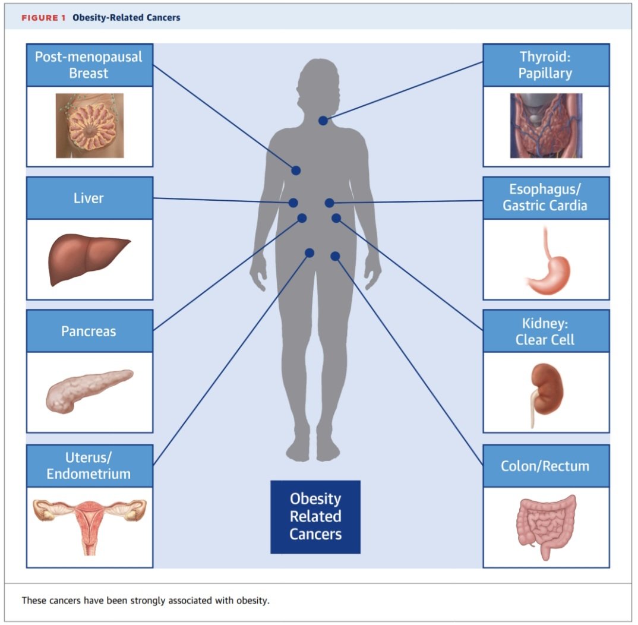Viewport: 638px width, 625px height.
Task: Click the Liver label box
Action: click(90, 198)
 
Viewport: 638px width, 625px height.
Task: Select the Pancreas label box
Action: click(90, 331)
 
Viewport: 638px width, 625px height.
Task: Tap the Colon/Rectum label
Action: click(546, 466)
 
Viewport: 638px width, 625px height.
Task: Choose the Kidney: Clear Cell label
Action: click(546, 331)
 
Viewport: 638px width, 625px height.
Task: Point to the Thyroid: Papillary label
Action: click(546, 65)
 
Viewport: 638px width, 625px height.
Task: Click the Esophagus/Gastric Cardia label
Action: click(546, 198)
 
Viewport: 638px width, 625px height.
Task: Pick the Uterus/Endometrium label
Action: click(90, 466)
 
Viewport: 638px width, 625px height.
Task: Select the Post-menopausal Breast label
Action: click(90, 65)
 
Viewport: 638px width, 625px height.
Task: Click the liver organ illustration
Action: click(89, 259)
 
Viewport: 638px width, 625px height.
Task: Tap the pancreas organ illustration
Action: click(90, 391)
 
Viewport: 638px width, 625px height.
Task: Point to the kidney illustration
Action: click(547, 394)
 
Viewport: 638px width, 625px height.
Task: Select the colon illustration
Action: click(547, 528)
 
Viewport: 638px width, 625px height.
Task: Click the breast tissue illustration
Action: click(90, 126)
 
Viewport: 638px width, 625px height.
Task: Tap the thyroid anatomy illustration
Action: click(546, 126)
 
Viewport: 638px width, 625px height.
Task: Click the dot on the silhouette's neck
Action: click(323, 121)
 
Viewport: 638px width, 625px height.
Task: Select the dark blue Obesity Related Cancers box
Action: click(315, 517)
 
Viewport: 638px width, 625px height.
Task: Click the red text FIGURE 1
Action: click(43, 18)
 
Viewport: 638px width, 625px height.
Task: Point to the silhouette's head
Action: click(318, 86)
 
